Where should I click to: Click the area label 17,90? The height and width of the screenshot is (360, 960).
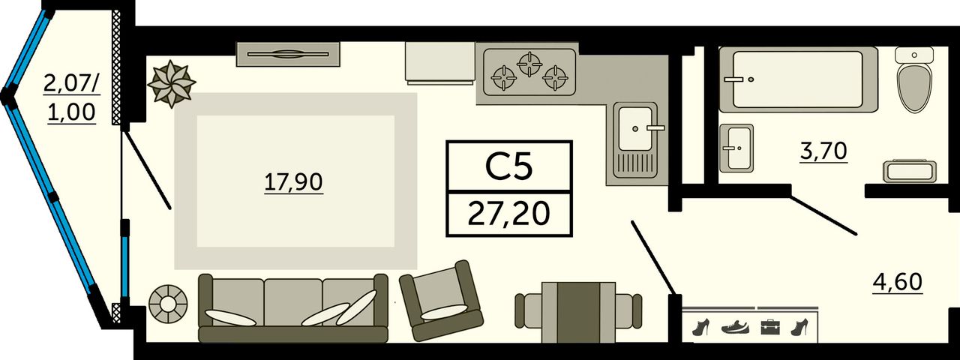(x=293, y=181)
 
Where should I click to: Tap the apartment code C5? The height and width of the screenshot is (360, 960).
(x=508, y=166)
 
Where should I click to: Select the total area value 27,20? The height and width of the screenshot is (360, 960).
(x=508, y=214)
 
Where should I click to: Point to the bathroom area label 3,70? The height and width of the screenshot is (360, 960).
(x=823, y=151)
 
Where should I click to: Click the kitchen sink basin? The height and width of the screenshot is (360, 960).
(x=634, y=128)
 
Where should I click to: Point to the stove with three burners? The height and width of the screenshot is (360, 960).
(x=529, y=72)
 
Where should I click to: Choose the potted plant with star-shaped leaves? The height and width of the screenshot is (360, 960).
(x=171, y=83)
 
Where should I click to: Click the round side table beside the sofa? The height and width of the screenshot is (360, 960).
(x=168, y=304)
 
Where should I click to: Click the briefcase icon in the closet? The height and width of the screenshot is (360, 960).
(x=770, y=326)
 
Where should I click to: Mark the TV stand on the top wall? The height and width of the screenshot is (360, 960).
(x=289, y=54)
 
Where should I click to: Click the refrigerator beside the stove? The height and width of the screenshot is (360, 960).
(x=439, y=61)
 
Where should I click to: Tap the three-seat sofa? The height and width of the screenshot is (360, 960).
(x=292, y=307)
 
